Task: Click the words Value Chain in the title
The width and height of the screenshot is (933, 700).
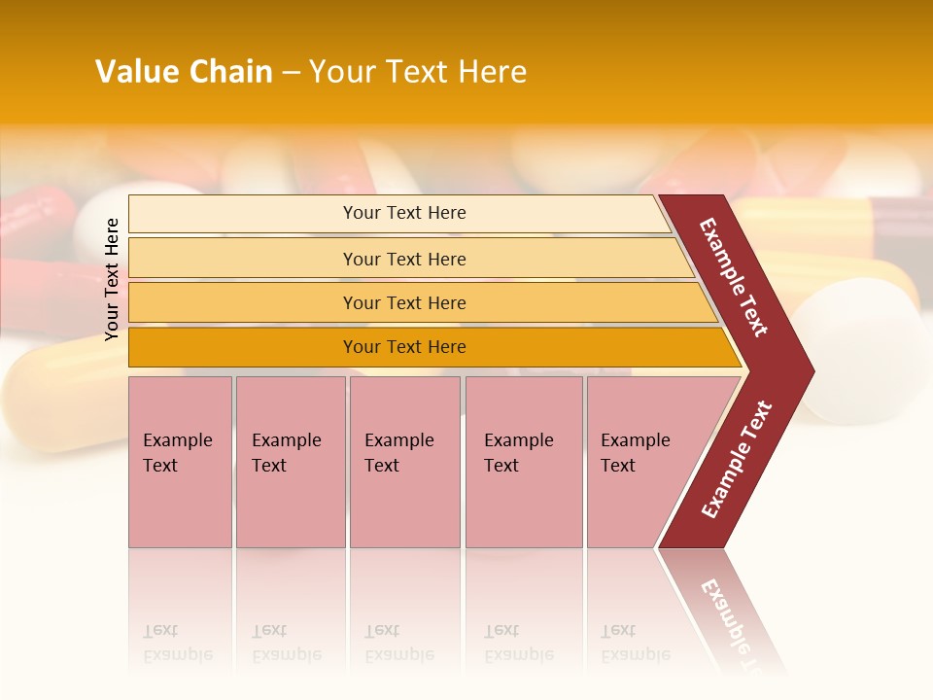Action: pos(184,71)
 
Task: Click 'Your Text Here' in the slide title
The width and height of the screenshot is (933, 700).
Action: pos(418,71)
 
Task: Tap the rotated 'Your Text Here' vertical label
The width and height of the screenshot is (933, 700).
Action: pos(112,279)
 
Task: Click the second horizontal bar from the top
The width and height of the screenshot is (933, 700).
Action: pos(404,259)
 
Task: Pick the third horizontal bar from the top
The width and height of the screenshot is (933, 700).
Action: pos(404,302)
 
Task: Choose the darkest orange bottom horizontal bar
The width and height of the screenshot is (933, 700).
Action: pos(404,347)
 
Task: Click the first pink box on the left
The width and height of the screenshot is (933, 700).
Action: pos(180,462)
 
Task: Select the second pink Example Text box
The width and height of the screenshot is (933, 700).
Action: pos(291,462)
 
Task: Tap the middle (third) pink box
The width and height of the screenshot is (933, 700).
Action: pos(404,462)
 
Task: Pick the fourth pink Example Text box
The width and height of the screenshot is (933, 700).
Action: pos(524,462)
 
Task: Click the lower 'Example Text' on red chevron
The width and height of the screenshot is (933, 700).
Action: pos(737,459)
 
